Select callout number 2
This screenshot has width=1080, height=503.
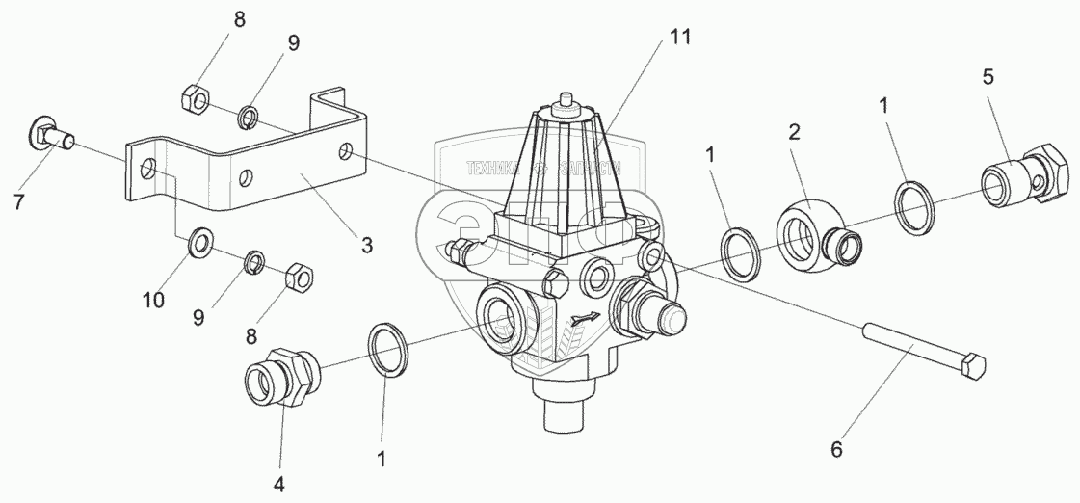click(794, 132)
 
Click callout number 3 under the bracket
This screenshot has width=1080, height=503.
click(366, 246)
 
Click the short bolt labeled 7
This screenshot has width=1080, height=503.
click(52, 138)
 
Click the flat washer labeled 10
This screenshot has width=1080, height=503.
click(199, 241)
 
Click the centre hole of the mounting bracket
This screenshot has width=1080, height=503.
click(248, 177)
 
